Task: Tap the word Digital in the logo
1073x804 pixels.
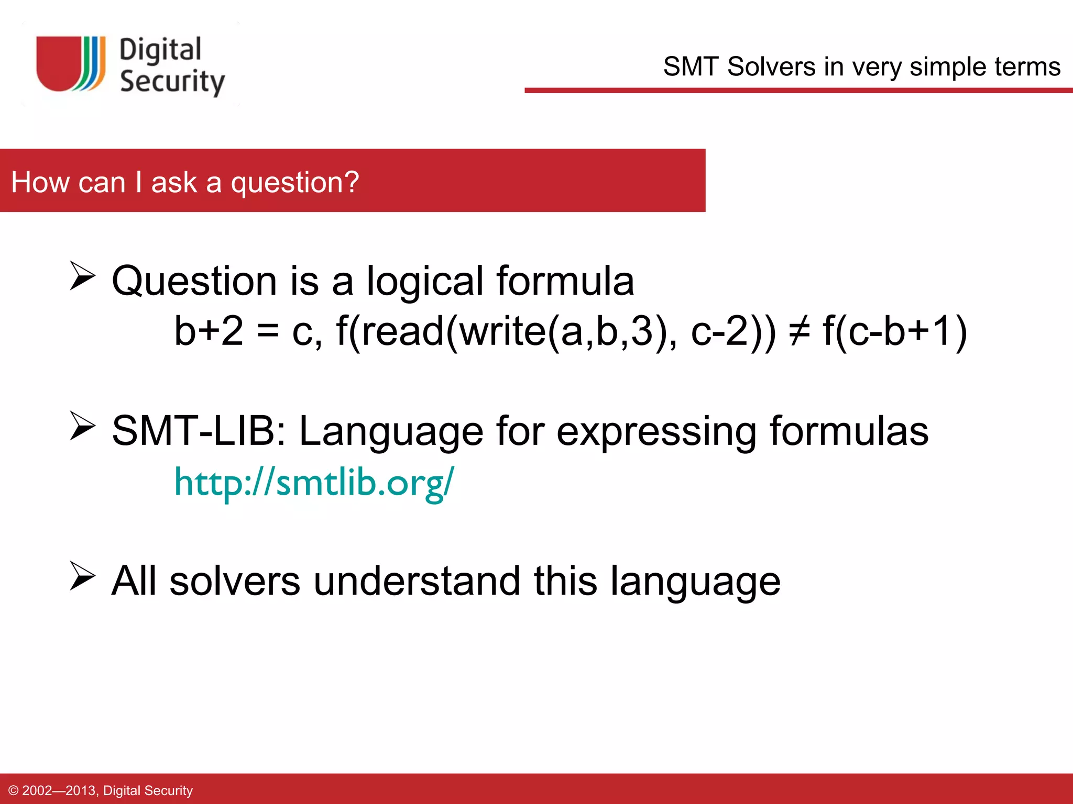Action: (x=160, y=50)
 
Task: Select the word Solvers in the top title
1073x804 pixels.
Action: (x=772, y=67)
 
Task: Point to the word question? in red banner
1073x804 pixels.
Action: (x=295, y=183)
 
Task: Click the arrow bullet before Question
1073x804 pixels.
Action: (x=82, y=276)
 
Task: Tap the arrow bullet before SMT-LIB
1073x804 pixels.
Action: (x=82, y=426)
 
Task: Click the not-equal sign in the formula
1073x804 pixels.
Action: (x=800, y=331)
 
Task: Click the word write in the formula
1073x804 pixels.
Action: (x=503, y=331)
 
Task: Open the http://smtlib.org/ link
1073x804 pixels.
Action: (x=314, y=482)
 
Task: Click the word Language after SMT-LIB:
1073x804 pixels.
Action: (x=391, y=431)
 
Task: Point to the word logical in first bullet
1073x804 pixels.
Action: (x=424, y=282)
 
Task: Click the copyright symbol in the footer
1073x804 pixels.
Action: (x=14, y=790)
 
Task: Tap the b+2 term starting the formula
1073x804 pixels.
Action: (x=209, y=331)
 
